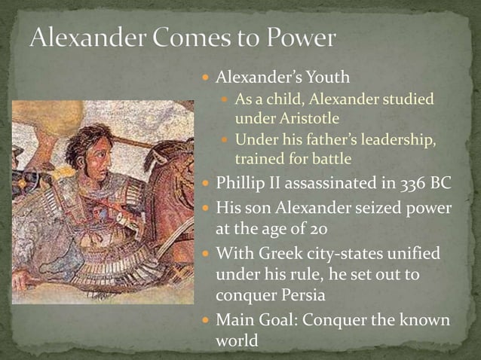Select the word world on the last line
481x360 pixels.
point(237,340)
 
